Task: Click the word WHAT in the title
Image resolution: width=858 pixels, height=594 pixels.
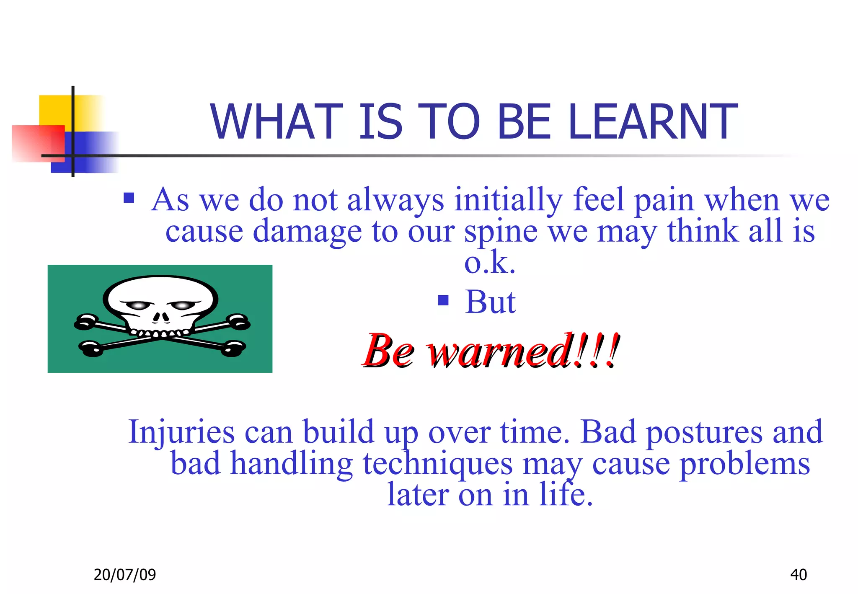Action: click(277, 122)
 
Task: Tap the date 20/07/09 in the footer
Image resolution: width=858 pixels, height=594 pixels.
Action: click(124, 574)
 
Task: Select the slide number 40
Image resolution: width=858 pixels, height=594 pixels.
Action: click(798, 574)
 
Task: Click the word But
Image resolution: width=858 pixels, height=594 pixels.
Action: click(490, 302)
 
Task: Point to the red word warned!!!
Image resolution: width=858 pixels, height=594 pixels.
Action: click(522, 351)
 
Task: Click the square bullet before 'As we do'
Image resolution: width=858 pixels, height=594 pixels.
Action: click(129, 197)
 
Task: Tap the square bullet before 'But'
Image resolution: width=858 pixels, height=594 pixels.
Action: click(443, 300)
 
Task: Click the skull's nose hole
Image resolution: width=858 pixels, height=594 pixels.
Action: click(160, 317)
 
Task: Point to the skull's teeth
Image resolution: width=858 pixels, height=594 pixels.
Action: click(159, 333)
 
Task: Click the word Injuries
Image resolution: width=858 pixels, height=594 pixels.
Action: click(181, 432)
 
